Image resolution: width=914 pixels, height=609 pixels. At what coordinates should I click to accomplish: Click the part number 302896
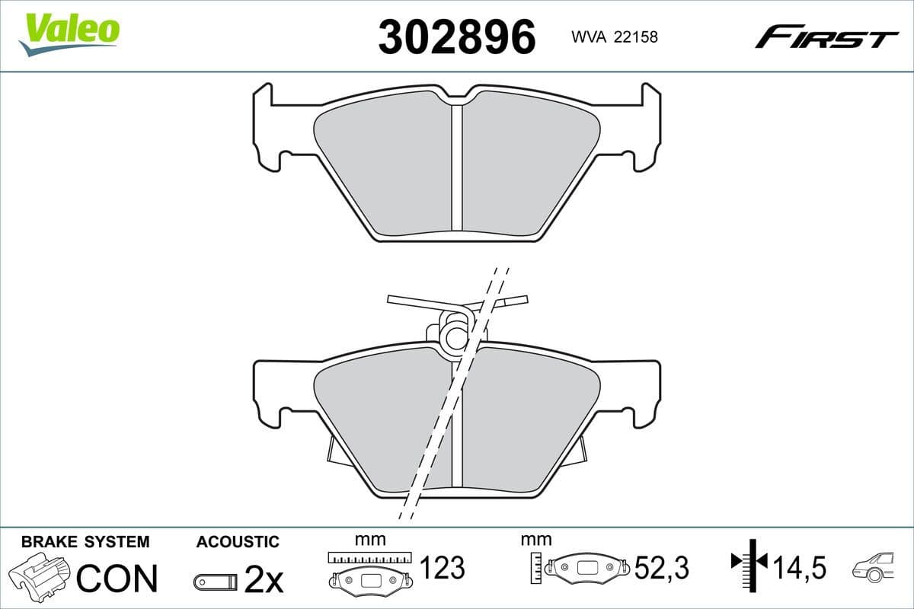click(457, 37)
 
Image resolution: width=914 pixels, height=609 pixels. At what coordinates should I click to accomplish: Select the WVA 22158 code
click(614, 37)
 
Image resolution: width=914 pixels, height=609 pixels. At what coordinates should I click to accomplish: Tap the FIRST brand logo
click(826, 37)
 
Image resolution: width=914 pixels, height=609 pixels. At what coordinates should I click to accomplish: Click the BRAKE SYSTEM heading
click(85, 542)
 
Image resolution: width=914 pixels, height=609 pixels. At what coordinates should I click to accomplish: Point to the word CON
click(117, 579)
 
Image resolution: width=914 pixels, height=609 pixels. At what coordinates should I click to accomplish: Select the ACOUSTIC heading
click(238, 542)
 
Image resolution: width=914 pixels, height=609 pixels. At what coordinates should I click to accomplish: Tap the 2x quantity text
click(263, 581)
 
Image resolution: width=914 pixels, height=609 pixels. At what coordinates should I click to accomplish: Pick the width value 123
click(443, 567)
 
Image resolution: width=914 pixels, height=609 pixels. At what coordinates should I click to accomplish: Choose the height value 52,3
click(661, 567)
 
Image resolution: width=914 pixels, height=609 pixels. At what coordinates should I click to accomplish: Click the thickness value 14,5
click(799, 567)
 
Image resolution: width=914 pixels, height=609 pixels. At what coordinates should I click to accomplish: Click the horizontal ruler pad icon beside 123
click(369, 569)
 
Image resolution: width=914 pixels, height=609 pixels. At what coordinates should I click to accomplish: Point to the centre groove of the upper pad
click(457, 167)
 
